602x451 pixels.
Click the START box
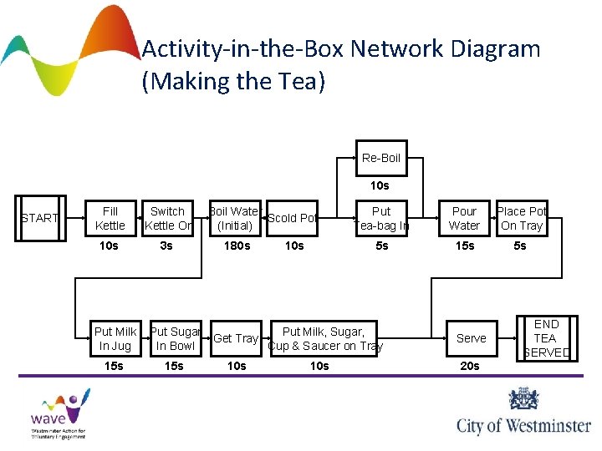click(39, 219)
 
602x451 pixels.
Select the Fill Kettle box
click(110, 219)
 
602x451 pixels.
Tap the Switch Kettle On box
click(167, 219)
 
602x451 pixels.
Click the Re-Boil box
click(380, 158)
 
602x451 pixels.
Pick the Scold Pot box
click(291, 219)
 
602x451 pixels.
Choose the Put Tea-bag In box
click(380, 219)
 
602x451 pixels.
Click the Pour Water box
click(464, 219)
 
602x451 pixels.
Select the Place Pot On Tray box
click(522, 219)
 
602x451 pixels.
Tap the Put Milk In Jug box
click(115, 338)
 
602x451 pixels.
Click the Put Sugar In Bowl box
click(175, 338)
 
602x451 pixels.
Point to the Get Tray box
click(236, 338)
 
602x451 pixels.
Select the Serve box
click(471, 338)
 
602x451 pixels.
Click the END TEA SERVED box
click(546, 338)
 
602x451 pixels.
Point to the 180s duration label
click(236, 246)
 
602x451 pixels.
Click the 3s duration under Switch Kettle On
click(166, 246)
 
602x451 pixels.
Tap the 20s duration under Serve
click(470, 366)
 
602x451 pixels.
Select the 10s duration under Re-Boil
click(380, 185)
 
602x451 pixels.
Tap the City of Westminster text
click(523, 425)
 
